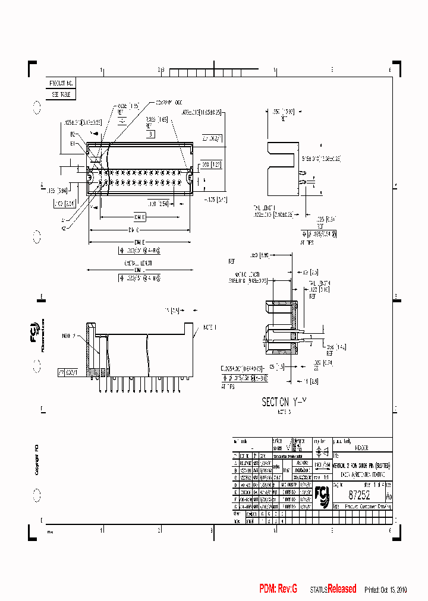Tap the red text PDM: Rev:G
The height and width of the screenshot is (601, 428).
coord(278,589)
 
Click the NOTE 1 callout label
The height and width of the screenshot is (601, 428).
coord(210,327)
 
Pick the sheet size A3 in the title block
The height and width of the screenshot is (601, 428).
coord(388,496)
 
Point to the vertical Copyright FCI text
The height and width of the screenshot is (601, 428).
coord(36,458)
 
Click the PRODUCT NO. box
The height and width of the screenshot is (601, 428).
coord(62,84)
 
